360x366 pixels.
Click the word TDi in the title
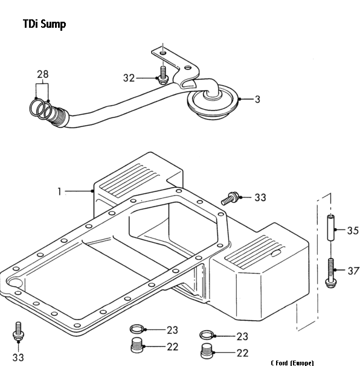point(30,24)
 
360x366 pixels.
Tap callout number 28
point(43,74)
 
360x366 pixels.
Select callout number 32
point(129,78)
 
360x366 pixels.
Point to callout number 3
point(257,100)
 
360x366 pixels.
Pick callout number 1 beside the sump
point(60,191)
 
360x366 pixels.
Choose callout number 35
point(353,231)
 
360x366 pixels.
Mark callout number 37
point(353,271)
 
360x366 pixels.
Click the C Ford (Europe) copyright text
point(292,363)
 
